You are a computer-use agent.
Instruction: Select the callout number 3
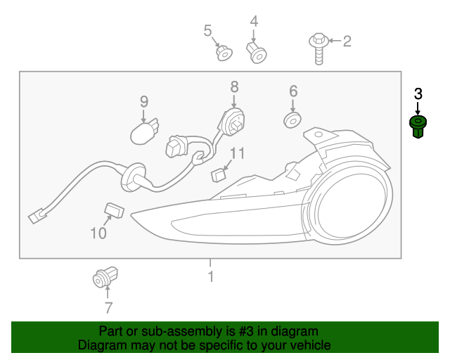click(x=418, y=94)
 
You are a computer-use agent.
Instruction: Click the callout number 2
click(x=347, y=41)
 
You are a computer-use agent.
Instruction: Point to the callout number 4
click(x=254, y=22)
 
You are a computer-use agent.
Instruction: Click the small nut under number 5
click(x=224, y=53)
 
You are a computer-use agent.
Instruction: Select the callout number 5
click(x=207, y=30)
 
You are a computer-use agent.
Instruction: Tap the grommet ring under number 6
click(x=292, y=120)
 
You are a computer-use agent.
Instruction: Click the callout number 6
click(x=293, y=91)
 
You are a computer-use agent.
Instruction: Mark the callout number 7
click(x=108, y=307)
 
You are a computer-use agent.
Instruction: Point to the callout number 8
click(x=234, y=86)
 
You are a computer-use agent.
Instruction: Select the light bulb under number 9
click(x=146, y=130)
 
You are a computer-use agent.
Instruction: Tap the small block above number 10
click(x=114, y=209)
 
